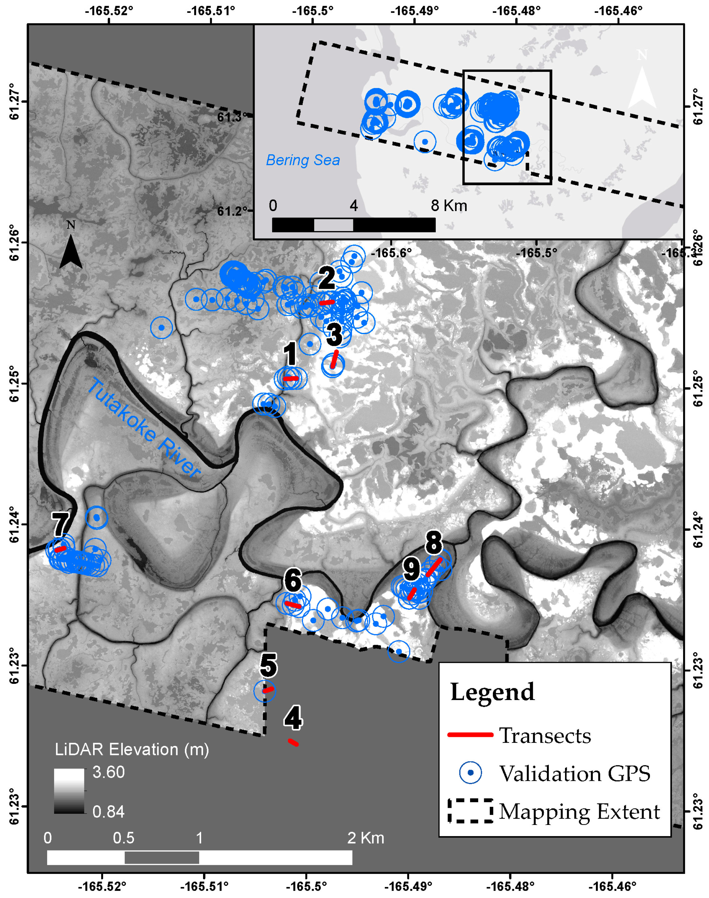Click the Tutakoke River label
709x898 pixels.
point(143,428)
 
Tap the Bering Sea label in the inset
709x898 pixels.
point(303,160)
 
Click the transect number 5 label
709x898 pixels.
point(268,664)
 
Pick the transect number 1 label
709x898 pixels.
point(290,354)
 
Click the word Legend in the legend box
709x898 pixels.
point(492,692)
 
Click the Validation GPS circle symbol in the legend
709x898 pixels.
point(470,773)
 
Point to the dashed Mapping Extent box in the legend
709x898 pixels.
point(470,811)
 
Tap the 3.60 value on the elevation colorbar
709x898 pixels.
point(108,772)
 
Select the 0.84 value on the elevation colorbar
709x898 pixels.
point(108,811)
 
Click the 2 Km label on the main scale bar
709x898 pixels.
point(365,838)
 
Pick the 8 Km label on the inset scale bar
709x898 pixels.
point(449,205)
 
